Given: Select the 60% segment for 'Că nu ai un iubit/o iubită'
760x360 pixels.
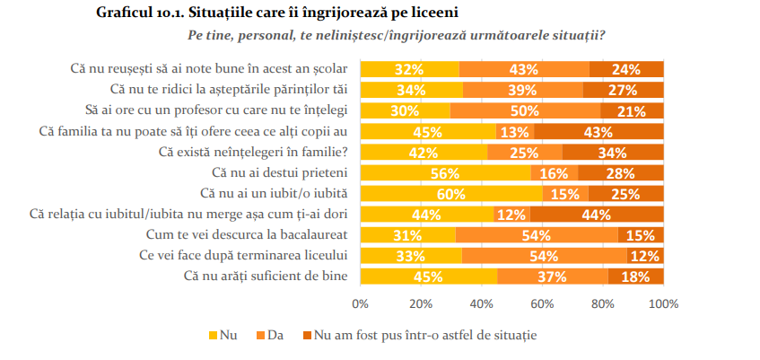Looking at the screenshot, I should point(451,193).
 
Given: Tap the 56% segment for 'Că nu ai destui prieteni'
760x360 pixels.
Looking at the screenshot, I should point(445,172).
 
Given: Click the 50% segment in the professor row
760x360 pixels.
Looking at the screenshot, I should point(525,110).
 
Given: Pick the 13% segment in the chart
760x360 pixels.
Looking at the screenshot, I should point(515,131).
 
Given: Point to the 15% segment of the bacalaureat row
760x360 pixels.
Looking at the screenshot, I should point(641,234).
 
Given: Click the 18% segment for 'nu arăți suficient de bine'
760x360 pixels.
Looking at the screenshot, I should point(636,276).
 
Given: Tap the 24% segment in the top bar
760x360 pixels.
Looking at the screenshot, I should point(626,69).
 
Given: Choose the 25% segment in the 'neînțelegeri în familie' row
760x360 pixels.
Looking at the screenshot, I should point(525,152).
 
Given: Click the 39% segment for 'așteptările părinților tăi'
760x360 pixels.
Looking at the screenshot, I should point(523,90).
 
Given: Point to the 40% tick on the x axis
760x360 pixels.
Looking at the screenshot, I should point(482,303).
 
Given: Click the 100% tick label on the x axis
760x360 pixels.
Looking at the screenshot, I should point(662,303).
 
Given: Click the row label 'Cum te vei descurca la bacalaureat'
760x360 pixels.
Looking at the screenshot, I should point(246,234).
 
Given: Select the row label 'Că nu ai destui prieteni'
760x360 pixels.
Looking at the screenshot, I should point(279,172).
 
